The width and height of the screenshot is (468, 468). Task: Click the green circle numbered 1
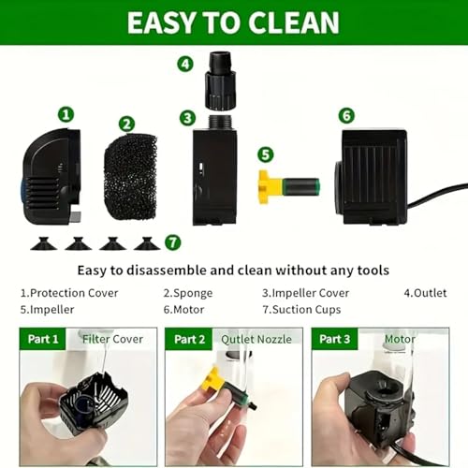coord(66,114)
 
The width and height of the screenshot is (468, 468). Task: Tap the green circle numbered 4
coord(185,64)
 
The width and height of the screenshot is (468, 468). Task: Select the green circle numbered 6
coord(347,115)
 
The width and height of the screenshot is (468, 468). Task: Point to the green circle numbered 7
coord(172,241)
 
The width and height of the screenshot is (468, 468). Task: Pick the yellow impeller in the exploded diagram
coord(270,184)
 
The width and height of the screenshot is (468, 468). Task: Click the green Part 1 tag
coord(43,339)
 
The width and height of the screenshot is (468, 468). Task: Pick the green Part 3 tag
coord(334,339)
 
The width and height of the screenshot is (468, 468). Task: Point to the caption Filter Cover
coord(112,339)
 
